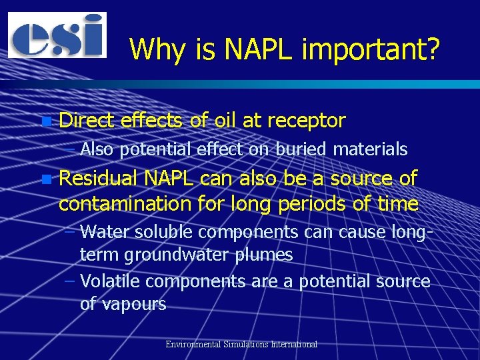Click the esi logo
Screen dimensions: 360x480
pyautogui.click(x=57, y=35)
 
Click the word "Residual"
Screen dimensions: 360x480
pyautogui.click(x=98, y=179)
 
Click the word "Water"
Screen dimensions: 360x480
pyautogui.click(x=105, y=232)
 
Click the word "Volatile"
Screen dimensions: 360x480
pyautogui.click(x=110, y=281)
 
